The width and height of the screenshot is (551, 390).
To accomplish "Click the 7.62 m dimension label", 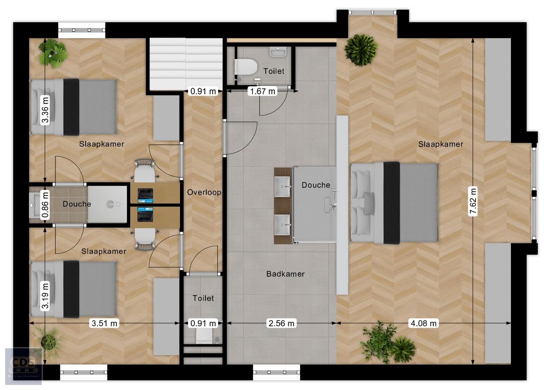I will (473, 201).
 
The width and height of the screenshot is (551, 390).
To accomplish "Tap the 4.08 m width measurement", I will (423, 323).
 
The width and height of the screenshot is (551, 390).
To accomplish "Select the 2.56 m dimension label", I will (281, 323).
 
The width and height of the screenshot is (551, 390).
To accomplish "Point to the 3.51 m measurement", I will (104, 323).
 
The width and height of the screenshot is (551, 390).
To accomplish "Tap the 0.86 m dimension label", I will (46, 204).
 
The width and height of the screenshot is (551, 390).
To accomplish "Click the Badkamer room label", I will (285, 274).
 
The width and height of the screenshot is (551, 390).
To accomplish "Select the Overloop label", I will (204, 192).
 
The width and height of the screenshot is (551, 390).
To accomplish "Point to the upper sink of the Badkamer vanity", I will (283, 186).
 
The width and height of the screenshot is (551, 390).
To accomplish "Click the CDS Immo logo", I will (23, 366).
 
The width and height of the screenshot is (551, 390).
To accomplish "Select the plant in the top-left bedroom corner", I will (53, 53).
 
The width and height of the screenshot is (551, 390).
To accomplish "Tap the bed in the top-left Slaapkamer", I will (74, 107).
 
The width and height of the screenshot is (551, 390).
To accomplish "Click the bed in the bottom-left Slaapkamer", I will (74, 289).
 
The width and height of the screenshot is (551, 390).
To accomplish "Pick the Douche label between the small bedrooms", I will (77, 204).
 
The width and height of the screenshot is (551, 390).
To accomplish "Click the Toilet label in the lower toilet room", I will (203, 298).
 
